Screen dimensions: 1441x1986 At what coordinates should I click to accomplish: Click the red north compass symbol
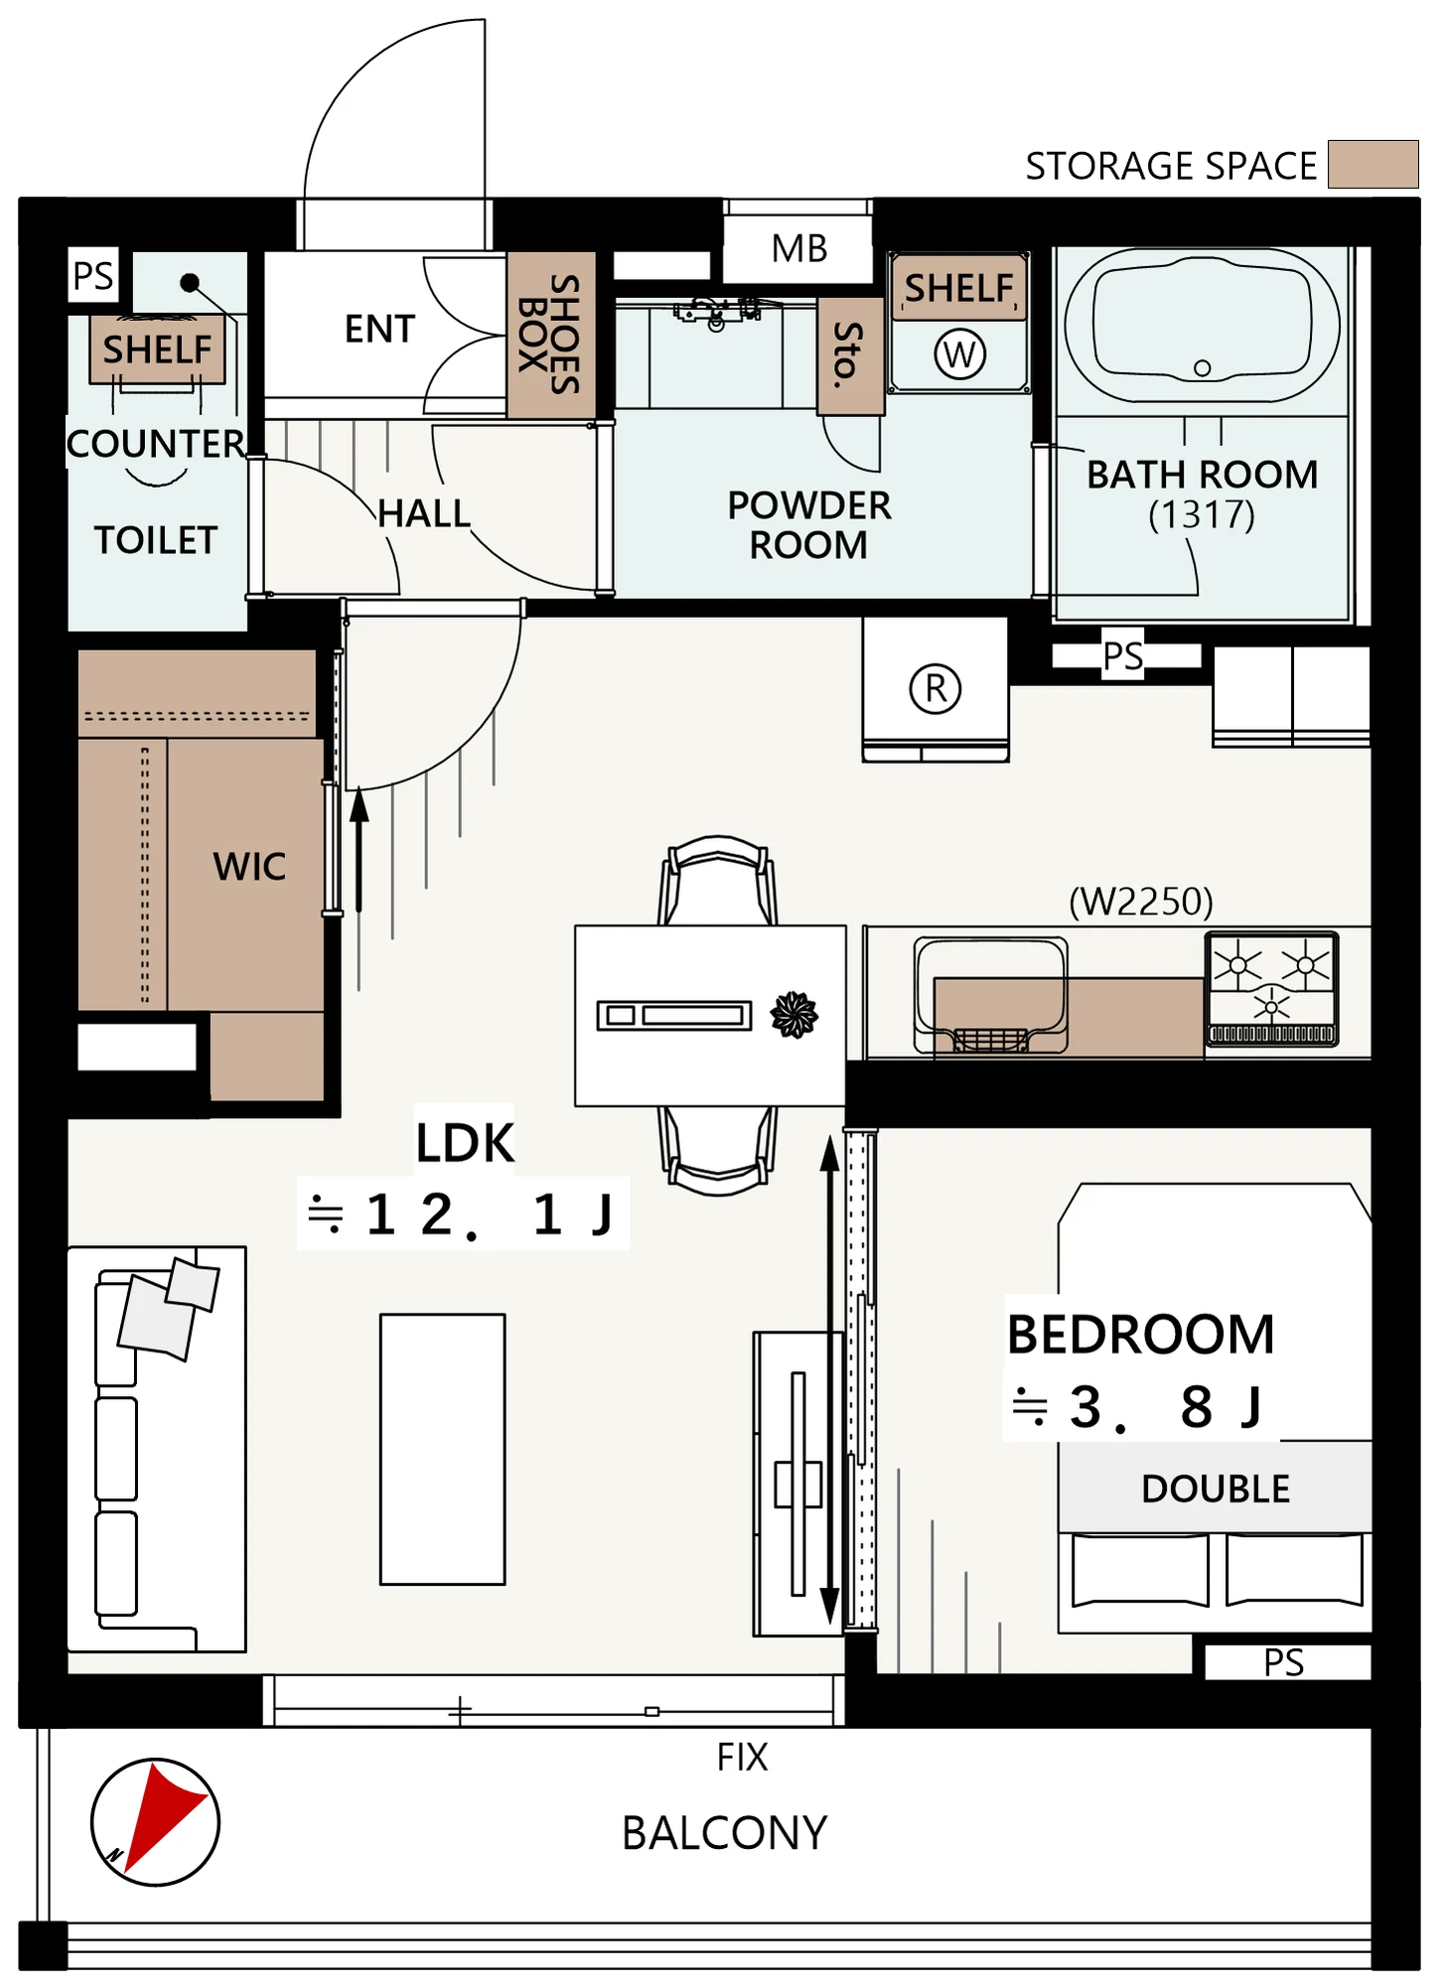click(155, 1822)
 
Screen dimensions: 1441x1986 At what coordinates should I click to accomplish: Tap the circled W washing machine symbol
click(959, 354)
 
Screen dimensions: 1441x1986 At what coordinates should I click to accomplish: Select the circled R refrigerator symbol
click(936, 688)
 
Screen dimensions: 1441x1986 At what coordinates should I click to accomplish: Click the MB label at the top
click(799, 248)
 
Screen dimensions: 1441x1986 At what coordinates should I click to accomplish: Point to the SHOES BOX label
click(550, 335)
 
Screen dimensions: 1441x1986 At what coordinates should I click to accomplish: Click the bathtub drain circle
click(1202, 368)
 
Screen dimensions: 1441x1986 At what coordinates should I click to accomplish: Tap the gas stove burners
click(1272, 989)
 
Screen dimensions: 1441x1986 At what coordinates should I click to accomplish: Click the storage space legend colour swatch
click(1373, 164)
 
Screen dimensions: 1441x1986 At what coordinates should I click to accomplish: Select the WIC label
click(249, 867)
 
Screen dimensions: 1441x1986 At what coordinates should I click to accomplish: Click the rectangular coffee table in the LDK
click(443, 1450)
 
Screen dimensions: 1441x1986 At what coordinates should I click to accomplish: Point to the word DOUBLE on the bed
click(1216, 1489)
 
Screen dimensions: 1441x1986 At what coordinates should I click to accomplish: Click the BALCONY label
click(724, 1833)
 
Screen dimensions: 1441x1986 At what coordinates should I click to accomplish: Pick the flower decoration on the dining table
click(794, 1014)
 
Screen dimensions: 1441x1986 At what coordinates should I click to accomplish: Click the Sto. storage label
click(847, 355)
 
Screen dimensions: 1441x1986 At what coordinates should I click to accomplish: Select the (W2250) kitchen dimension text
click(1141, 902)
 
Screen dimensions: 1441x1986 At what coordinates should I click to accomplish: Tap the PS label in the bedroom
click(1284, 1662)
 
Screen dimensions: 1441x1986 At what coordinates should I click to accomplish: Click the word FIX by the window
click(742, 1758)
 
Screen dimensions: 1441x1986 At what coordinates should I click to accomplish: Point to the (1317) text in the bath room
click(1202, 514)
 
